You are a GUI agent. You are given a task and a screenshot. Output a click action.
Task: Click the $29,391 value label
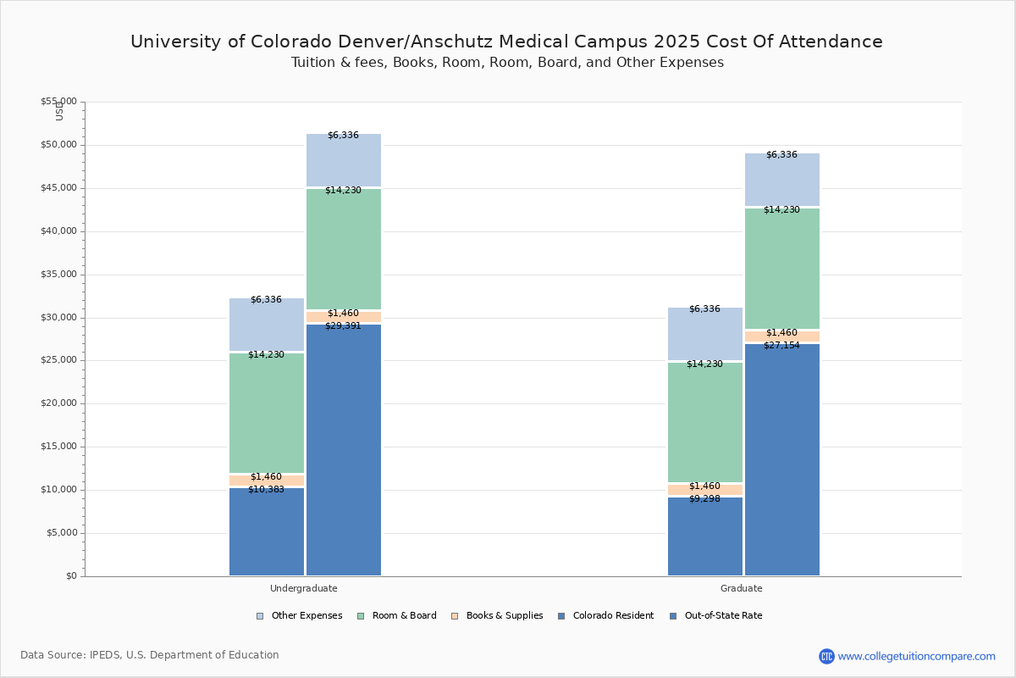click(343, 326)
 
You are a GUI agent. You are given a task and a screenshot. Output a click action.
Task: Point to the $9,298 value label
click(704, 499)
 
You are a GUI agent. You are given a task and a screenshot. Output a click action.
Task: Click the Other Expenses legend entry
click(300, 616)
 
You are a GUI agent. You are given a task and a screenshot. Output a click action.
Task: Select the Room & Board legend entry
click(397, 616)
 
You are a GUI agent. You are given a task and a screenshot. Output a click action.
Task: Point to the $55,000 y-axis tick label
click(58, 102)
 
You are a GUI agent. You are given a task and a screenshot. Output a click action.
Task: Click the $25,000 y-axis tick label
click(58, 360)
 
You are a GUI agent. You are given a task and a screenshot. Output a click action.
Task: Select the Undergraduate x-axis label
click(304, 588)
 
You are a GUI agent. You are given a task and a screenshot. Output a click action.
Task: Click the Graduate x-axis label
click(742, 588)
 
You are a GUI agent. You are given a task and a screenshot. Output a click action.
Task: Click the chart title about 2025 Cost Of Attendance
click(506, 42)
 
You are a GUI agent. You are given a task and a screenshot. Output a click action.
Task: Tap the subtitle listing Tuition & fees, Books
click(507, 63)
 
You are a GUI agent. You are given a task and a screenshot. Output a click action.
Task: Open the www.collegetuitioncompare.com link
click(916, 656)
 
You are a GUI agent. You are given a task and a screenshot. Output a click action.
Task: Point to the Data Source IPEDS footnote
click(150, 655)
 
